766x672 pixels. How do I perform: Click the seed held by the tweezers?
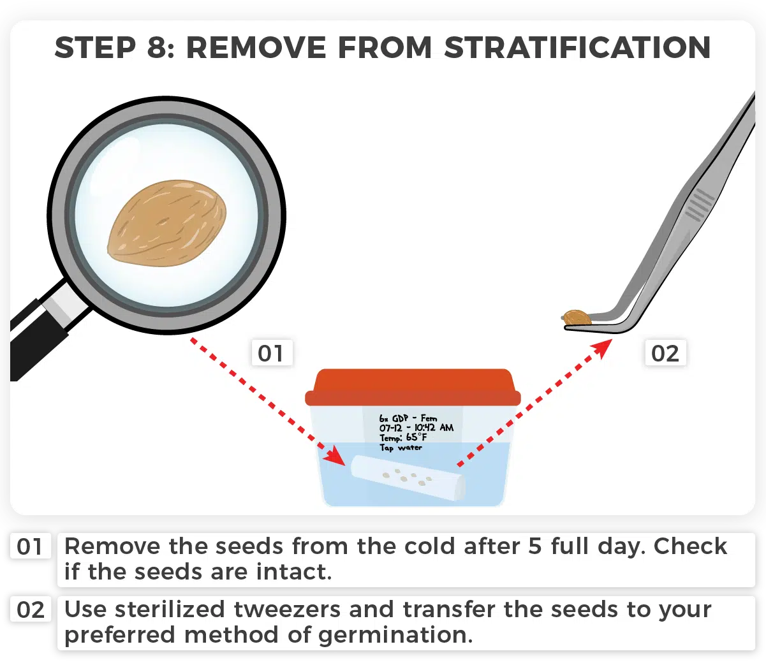577,317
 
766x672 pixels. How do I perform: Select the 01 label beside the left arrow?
270,353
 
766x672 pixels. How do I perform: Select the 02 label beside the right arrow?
665,353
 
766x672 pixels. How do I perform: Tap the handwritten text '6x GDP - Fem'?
408,419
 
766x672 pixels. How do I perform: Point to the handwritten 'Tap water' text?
401,448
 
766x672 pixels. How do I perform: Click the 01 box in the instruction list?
30,547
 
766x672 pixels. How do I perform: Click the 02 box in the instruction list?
30,610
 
